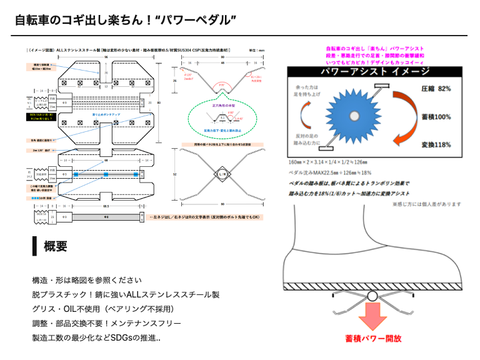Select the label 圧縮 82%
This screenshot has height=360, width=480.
pyautogui.click(x=436, y=89)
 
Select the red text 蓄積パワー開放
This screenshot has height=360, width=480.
pyautogui.click(x=373, y=339)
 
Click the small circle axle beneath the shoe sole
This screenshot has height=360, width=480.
pyautogui.click(x=373, y=296)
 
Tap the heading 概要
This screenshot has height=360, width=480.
pyautogui.click(x=56, y=246)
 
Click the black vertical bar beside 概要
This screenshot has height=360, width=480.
pyautogui.click(x=35, y=246)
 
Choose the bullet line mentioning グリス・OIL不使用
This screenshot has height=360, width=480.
pyautogui.click(x=102, y=309)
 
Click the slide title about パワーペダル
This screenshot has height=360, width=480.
pyautogui.click(x=126, y=20)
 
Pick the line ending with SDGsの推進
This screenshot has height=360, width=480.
pyautogui.click(x=96, y=338)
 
